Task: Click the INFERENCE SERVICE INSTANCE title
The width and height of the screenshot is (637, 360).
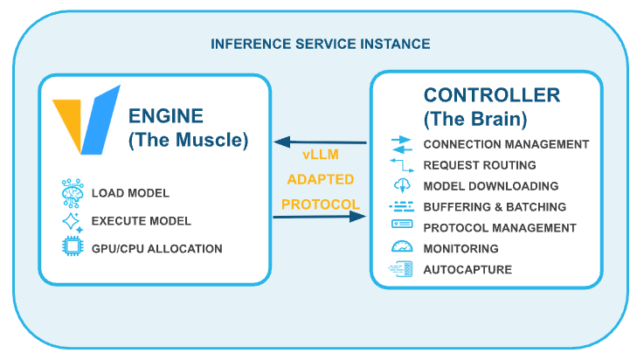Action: pyautogui.click(x=320, y=44)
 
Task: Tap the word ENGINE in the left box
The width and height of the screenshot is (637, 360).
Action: pyautogui.click(x=166, y=117)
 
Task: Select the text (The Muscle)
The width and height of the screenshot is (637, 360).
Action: pyautogui.click(x=188, y=140)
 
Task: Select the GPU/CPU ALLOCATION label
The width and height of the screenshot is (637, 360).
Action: pyautogui.click(x=156, y=249)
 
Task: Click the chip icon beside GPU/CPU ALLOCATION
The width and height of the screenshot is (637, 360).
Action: pyautogui.click(x=70, y=249)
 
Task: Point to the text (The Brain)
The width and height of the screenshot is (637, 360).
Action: pyautogui.click(x=473, y=118)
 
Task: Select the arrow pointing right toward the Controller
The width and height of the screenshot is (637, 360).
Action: pyautogui.click(x=320, y=218)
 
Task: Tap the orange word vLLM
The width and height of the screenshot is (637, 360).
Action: pyautogui.click(x=320, y=155)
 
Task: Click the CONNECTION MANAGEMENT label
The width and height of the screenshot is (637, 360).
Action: pyautogui.click(x=506, y=144)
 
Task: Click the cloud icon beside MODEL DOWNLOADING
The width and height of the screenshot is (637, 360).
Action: pyautogui.click(x=401, y=185)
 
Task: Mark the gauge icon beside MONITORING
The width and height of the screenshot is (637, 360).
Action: pyautogui.click(x=401, y=248)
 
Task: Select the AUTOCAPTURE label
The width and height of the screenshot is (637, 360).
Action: pyautogui.click(x=467, y=270)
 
